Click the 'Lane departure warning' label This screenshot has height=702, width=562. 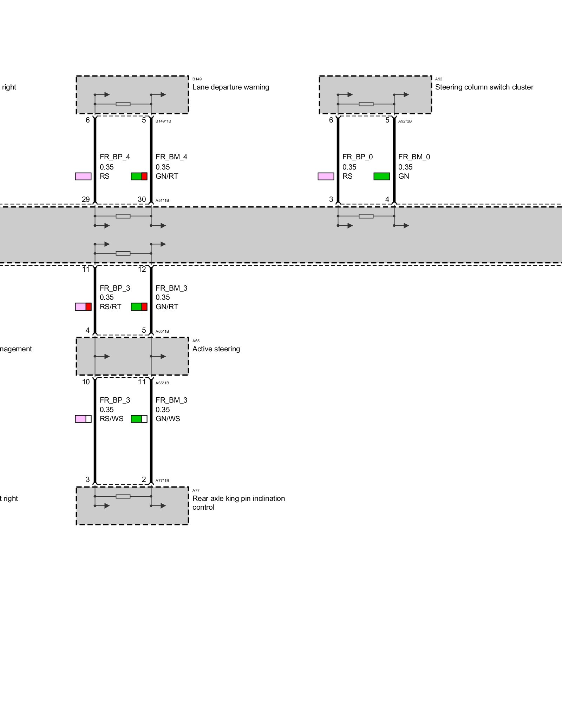pyautogui.click(x=230, y=87)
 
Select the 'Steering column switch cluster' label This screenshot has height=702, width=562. pyautogui.click(x=484, y=87)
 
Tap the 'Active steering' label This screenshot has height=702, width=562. pyautogui.click(x=216, y=349)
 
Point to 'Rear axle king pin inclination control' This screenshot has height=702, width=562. pyautogui.click(x=238, y=503)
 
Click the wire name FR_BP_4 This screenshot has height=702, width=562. pyautogui.click(x=115, y=157)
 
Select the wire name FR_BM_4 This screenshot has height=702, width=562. pyautogui.click(x=171, y=157)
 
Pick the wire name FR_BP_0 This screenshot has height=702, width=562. pyautogui.click(x=358, y=157)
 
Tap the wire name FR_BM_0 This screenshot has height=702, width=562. pyautogui.click(x=414, y=157)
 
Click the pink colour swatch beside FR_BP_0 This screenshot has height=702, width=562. pyautogui.click(x=326, y=176)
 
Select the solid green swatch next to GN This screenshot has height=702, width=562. pyautogui.click(x=381, y=176)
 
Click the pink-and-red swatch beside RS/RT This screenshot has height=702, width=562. pyautogui.click(x=83, y=307)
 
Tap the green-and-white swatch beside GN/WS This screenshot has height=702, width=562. pyautogui.click(x=139, y=419)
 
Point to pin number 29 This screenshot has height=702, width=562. pyautogui.click(x=86, y=199)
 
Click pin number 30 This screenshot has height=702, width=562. pyautogui.click(x=142, y=199)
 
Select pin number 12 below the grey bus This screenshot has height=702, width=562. pyautogui.click(x=142, y=269)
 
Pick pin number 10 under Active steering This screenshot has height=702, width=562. pyautogui.click(x=86, y=382)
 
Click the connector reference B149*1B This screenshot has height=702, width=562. pyautogui.click(x=163, y=121)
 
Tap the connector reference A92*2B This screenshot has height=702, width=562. pyautogui.click(x=405, y=121)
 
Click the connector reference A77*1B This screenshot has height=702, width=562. pyautogui.click(x=162, y=481)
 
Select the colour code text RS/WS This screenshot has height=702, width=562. pyautogui.click(x=111, y=419)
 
